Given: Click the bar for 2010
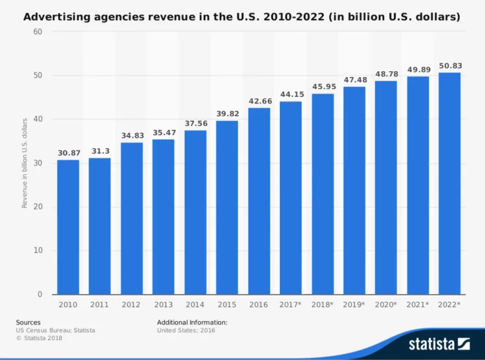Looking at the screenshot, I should [x=68, y=227].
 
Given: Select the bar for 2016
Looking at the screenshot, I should [x=259, y=201].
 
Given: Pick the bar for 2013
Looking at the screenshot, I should [x=163, y=217].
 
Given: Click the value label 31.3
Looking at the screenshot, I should [x=100, y=151].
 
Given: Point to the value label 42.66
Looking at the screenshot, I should [x=259, y=101].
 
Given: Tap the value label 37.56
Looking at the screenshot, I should [x=195, y=123].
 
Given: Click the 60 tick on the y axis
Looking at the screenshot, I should [x=38, y=32].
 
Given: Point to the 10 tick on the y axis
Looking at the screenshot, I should [x=38, y=251].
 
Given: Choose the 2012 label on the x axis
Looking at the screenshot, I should [x=131, y=304].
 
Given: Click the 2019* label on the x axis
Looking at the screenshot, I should [x=354, y=304].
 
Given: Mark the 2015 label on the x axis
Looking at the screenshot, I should [x=227, y=304].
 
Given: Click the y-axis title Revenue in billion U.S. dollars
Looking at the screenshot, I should [x=25, y=163].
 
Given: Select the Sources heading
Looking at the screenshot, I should [x=28, y=322].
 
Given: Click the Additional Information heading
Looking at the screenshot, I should [x=192, y=322].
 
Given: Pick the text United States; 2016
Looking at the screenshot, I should [x=186, y=330].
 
